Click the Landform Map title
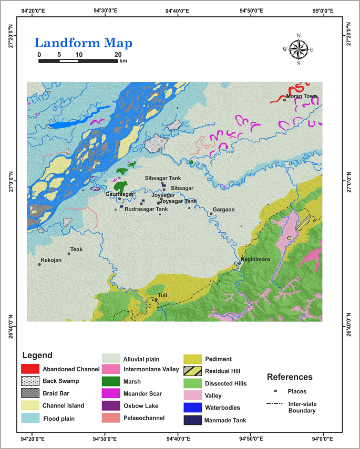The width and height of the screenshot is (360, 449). coord(84,43)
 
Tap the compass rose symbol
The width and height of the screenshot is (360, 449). coord(299,49)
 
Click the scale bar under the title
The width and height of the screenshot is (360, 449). coord(78,61)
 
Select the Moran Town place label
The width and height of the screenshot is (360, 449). coord(302,96)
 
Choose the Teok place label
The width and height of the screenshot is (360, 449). coord(77,249)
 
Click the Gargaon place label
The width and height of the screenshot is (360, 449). coord(224,210)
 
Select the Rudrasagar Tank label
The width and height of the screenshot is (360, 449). coord(146,209)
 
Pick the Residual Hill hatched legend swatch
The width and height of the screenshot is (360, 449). coord(193,371)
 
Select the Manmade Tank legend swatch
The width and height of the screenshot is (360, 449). coord(193,420)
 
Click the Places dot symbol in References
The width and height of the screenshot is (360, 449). coord(276,391)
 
